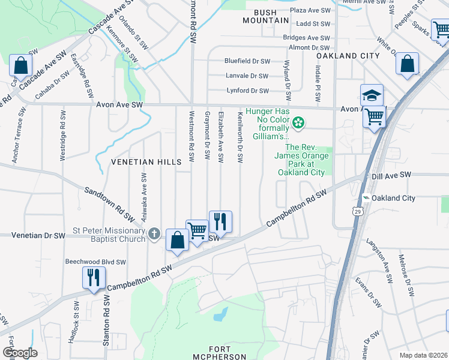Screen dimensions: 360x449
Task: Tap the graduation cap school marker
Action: pos(372,95)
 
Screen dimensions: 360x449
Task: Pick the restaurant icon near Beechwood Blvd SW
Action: pos(94,277)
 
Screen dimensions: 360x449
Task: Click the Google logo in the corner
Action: pos(20,353)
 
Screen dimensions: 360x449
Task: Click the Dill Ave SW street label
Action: pos(391,175)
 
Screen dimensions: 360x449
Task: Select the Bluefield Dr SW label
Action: pos(247,61)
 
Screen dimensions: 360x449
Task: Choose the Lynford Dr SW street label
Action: pos(247,91)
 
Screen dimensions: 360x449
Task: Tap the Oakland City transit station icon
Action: pos(366,198)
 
